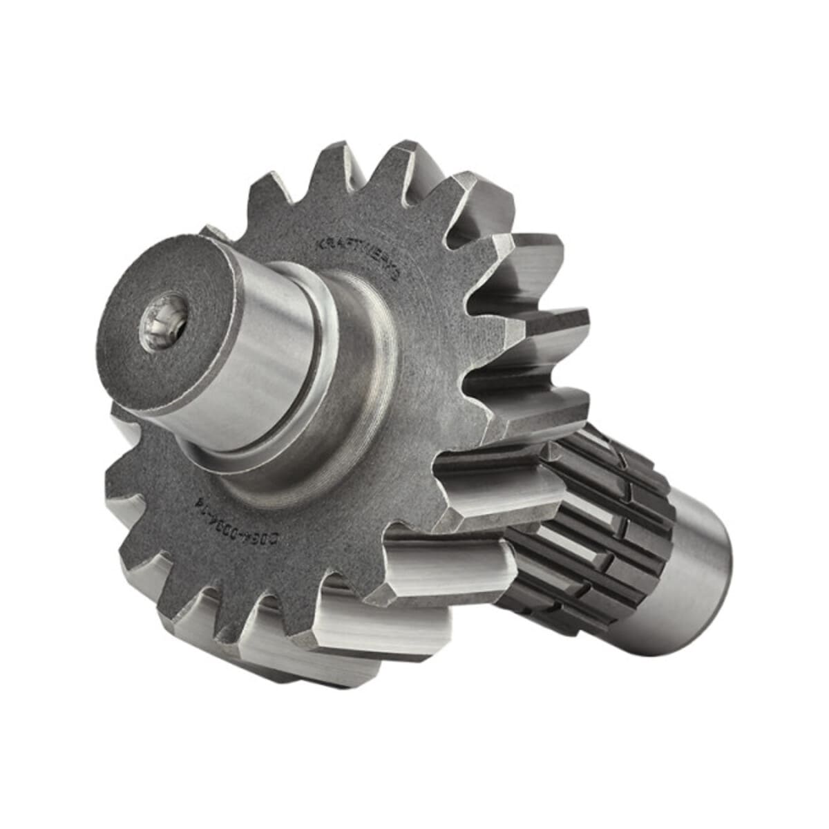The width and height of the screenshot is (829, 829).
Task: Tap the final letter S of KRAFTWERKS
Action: [396, 276]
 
